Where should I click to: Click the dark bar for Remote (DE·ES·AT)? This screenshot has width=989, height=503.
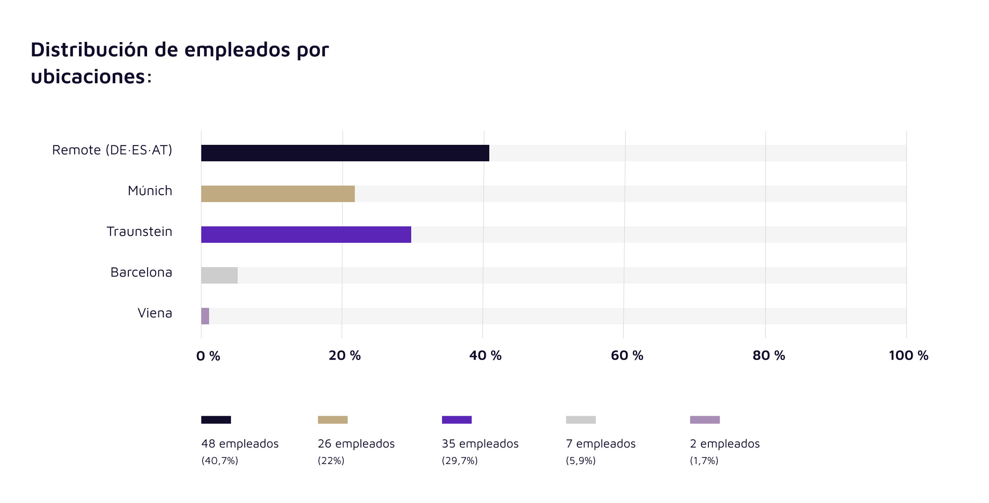click(x=345, y=153)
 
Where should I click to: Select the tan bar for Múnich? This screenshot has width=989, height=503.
click(x=278, y=194)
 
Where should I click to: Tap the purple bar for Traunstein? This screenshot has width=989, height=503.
click(x=306, y=235)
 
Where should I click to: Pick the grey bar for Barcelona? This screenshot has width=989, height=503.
click(x=219, y=275)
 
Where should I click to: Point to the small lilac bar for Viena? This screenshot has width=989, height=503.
click(x=205, y=316)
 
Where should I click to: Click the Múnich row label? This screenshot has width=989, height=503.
click(x=150, y=191)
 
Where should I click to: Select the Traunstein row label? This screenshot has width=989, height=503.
click(x=139, y=232)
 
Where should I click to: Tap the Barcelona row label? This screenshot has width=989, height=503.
click(x=141, y=272)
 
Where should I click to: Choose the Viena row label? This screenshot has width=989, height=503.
click(x=154, y=313)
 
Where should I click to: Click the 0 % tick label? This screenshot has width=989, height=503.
click(x=208, y=356)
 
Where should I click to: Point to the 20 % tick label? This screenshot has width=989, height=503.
click(x=344, y=356)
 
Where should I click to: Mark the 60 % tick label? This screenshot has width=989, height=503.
click(x=627, y=356)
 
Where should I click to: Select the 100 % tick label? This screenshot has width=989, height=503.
click(x=908, y=356)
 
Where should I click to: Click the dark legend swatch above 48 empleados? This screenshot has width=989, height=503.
click(x=216, y=420)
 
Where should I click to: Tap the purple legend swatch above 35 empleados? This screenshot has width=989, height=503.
click(x=456, y=420)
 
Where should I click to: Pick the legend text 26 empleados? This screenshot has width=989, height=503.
click(x=356, y=444)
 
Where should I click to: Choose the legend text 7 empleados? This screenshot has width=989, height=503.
click(x=600, y=444)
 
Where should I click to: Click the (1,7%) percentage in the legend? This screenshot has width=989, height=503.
click(x=704, y=461)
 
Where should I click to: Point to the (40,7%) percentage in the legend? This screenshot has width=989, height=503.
click(x=219, y=461)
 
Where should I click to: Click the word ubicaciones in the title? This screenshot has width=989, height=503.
click(x=88, y=77)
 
